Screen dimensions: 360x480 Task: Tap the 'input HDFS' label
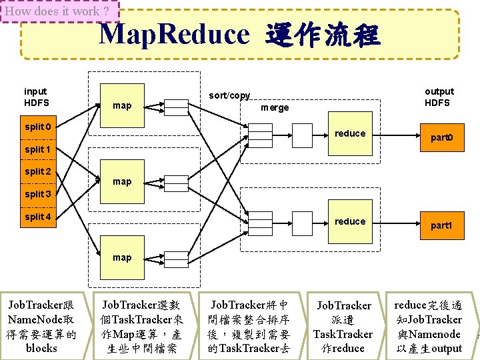[36, 97]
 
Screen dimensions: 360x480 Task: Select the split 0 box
[39, 127]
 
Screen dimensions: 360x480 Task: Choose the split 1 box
[39, 149]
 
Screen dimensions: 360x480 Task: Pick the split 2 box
[39, 171]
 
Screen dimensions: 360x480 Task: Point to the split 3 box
[39, 194]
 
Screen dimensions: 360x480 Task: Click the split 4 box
[39, 217]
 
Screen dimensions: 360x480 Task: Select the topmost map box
[122, 105]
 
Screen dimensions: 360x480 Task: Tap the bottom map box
[122, 257]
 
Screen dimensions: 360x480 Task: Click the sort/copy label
[229, 95]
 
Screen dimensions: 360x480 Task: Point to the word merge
[275, 107]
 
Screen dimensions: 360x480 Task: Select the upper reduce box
[350, 133]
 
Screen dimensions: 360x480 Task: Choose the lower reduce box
[350, 221]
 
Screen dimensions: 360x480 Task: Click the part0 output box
[441, 138]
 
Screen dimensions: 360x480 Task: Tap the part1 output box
[441, 225]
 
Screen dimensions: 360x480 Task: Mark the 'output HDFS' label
[439, 97]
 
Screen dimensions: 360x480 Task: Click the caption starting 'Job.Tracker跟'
[42, 327]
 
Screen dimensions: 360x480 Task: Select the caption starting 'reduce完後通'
[428, 327]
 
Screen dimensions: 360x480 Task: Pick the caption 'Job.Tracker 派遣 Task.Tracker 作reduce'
[343, 327]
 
